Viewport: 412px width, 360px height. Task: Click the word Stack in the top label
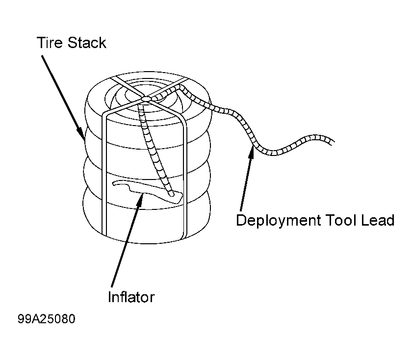(87, 43)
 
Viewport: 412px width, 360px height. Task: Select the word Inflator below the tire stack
(131, 297)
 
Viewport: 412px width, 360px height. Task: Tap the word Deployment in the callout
(278, 221)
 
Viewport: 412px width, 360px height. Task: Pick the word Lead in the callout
(378, 220)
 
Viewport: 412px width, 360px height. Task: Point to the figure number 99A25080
(47, 319)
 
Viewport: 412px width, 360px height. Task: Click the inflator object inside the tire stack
(147, 191)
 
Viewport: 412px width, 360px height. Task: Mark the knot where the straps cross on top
(146, 99)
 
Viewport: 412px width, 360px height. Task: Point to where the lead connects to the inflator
(171, 194)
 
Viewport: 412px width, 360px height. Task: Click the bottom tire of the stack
(147, 218)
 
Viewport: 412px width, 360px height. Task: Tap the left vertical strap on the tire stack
(104, 174)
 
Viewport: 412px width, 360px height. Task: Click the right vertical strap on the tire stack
(185, 179)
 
